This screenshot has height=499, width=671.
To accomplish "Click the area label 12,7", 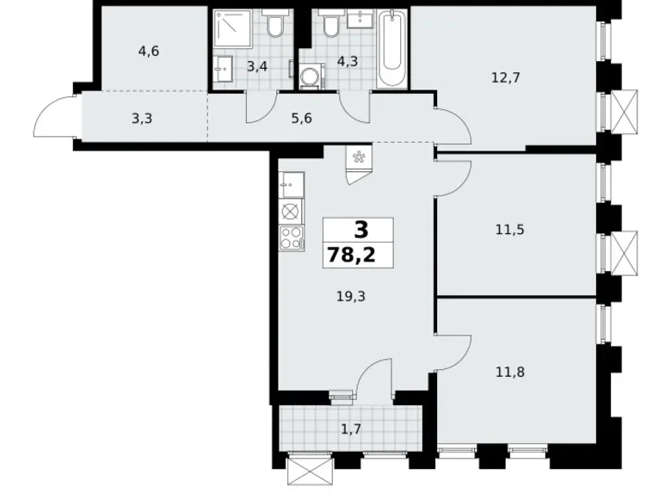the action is click(x=505, y=78).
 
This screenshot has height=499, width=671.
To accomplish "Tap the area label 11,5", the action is click(x=509, y=231).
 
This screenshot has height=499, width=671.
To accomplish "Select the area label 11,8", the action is click(x=510, y=373).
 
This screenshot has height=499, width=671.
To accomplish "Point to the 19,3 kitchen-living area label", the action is click(x=351, y=296).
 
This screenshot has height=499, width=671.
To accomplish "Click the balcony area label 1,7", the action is click(x=351, y=428).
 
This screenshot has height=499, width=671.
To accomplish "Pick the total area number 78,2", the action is click(x=351, y=256).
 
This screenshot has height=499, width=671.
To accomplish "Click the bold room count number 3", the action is click(x=361, y=230).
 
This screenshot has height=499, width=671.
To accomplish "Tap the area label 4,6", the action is click(x=149, y=52).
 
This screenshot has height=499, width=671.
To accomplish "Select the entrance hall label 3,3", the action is click(x=142, y=119).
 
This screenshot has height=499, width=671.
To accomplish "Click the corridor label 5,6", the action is click(x=301, y=119).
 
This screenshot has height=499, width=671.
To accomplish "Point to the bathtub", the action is click(x=392, y=50).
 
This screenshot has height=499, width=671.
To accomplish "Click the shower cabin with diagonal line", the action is click(x=231, y=28).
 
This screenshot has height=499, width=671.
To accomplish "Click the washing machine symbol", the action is click(x=311, y=77).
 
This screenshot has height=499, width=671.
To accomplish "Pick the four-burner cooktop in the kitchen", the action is click(x=292, y=238).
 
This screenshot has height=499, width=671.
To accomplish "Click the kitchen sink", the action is click(x=292, y=185).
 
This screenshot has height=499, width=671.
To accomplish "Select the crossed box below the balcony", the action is click(x=311, y=471).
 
